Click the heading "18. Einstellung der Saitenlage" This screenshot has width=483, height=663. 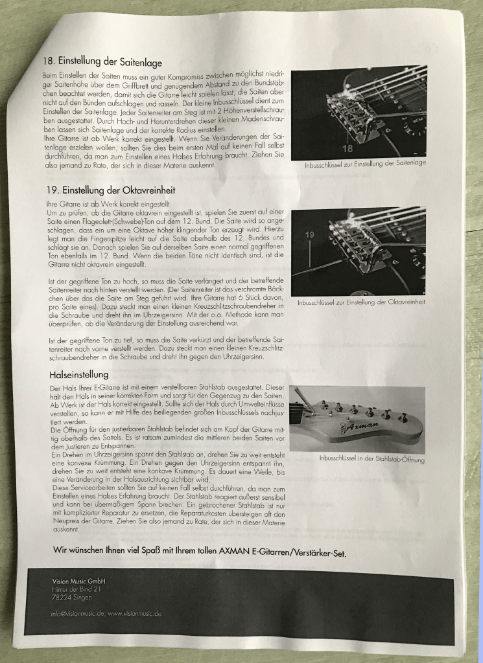click(x=102, y=62)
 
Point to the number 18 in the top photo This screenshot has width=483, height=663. click(x=348, y=148)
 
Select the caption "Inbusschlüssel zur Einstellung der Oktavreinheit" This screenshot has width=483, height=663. click(x=361, y=302)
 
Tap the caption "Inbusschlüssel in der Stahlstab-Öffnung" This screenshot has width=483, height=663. click(x=371, y=459)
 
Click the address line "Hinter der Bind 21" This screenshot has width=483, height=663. click(x=77, y=589)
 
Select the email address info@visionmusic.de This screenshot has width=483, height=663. click(x=78, y=613)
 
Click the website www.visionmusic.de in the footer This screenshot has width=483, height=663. click(x=135, y=613)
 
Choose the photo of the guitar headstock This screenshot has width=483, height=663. click(x=357, y=419)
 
